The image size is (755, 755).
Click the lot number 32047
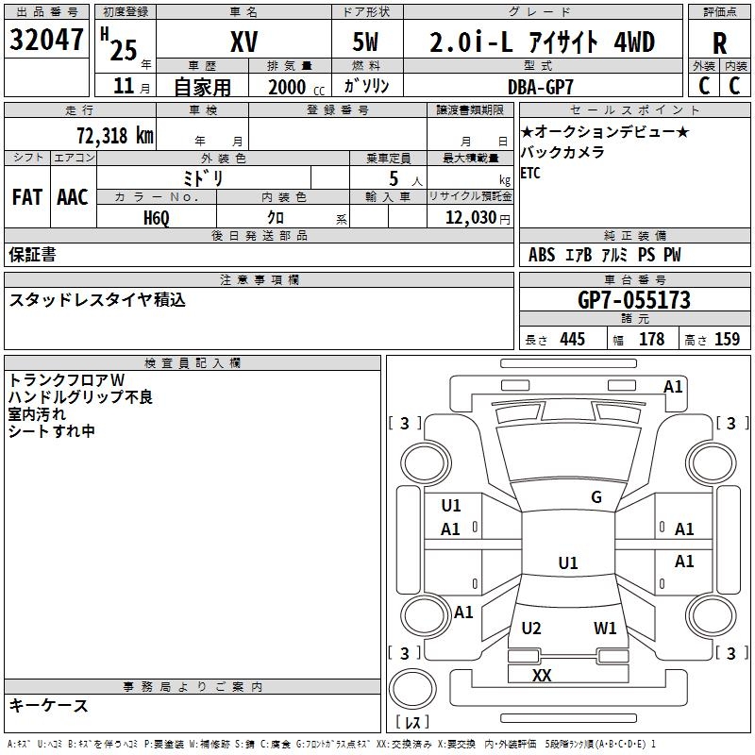[46, 39]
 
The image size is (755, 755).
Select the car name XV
[244, 42]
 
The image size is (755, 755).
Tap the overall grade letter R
[719, 43]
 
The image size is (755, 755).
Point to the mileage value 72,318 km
[115, 135]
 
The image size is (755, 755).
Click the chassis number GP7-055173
[634, 300]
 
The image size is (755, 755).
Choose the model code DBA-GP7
[541, 87]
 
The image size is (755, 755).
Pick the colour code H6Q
[157, 218]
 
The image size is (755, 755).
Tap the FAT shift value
[27, 197]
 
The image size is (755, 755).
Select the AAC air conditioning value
[73, 197]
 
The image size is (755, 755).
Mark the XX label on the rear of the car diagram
[542, 675]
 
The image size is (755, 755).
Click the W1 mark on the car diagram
[605, 628]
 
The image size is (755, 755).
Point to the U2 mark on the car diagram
[531, 628]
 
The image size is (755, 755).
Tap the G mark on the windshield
[596, 496]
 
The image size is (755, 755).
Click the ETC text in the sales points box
[530, 173]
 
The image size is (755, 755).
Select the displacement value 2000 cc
[296, 87]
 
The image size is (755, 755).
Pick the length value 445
[573, 339]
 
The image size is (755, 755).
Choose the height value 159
[727, 339]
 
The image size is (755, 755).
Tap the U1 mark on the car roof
[568, 562]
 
